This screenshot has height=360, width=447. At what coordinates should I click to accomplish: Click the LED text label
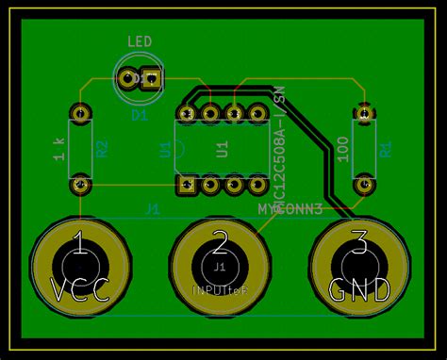[140, 41]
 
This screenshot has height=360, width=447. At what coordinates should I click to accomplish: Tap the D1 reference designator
[140, 115]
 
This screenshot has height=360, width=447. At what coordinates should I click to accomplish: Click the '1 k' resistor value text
[58, 147]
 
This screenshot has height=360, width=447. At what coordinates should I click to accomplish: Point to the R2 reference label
[102, 148]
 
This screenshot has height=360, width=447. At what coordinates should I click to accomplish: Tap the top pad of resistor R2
[81, 114]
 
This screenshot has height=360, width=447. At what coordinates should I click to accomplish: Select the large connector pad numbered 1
[81, 267]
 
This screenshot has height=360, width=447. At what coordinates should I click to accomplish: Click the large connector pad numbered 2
[220, 267]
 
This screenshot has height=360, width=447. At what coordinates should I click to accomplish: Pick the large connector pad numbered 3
[359, 267]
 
